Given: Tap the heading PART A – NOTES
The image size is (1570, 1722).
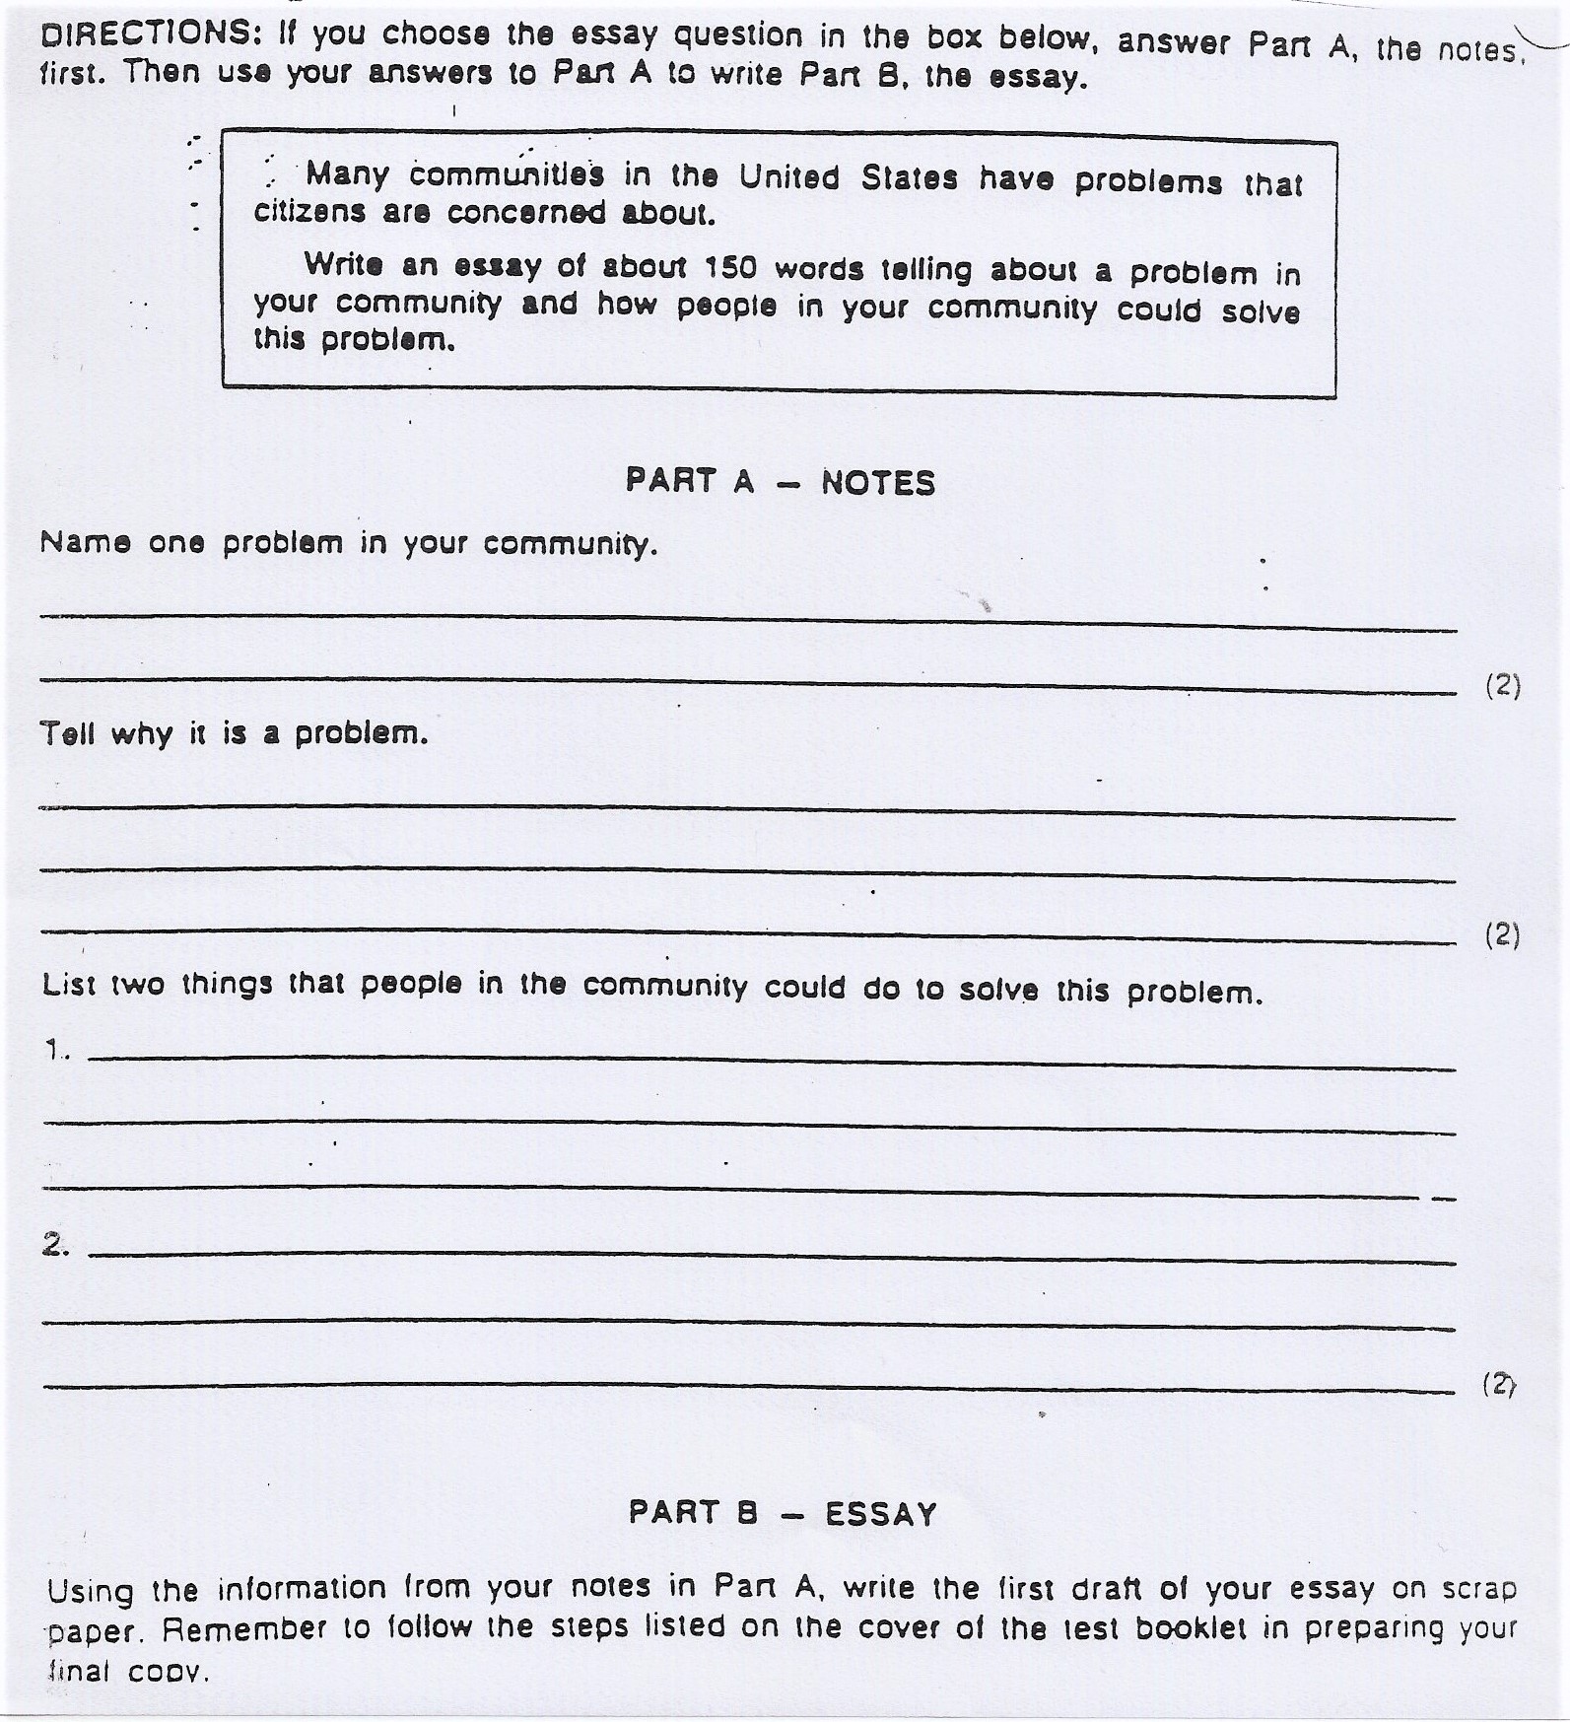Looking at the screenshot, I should [x=780, y=482].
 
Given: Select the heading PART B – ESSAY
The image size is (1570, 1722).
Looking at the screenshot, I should [x=783, y=1513].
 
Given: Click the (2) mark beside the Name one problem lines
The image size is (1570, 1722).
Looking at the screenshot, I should [x=1503, y=685].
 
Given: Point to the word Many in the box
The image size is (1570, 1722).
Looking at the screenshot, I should [x=347, y=174].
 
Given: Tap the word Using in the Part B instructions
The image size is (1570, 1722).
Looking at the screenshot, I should [x=91, y=1591].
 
